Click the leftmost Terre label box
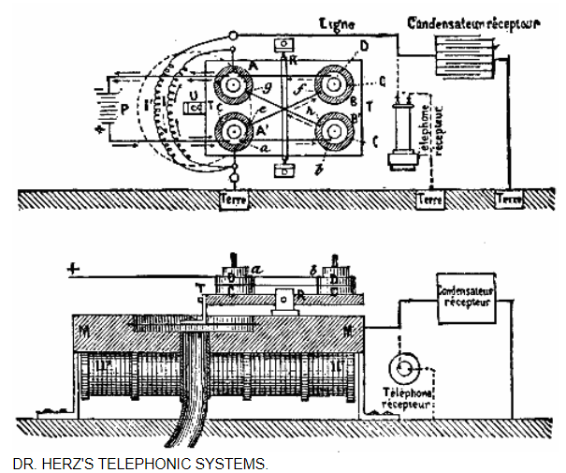click(234, 200)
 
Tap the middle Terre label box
click(430, 200)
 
